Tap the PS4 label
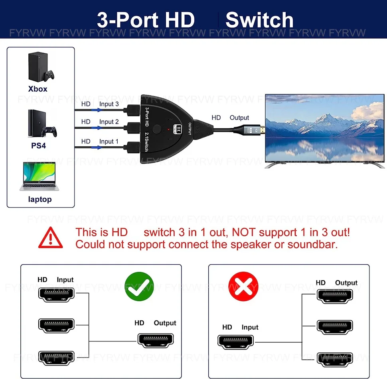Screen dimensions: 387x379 pyautogui.click(x=39, y=145)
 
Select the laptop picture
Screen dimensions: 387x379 pyautogui.click(x=39, y=176)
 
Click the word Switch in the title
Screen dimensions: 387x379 pyautogui.click(x=259, y=20)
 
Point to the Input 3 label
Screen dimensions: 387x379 pyautogui.click(x=109, y=104)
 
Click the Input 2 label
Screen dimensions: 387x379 pyautogui.click(x=109, y=122)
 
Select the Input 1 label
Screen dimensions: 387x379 pyautogui.click(x=109, y=141)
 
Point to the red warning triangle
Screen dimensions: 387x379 pyautogui.click(x=50, y=238)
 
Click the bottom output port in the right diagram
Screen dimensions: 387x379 pyautogui.click(x=335, y=357)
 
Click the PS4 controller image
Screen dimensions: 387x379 pyautogui.click(x=50, y=132)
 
